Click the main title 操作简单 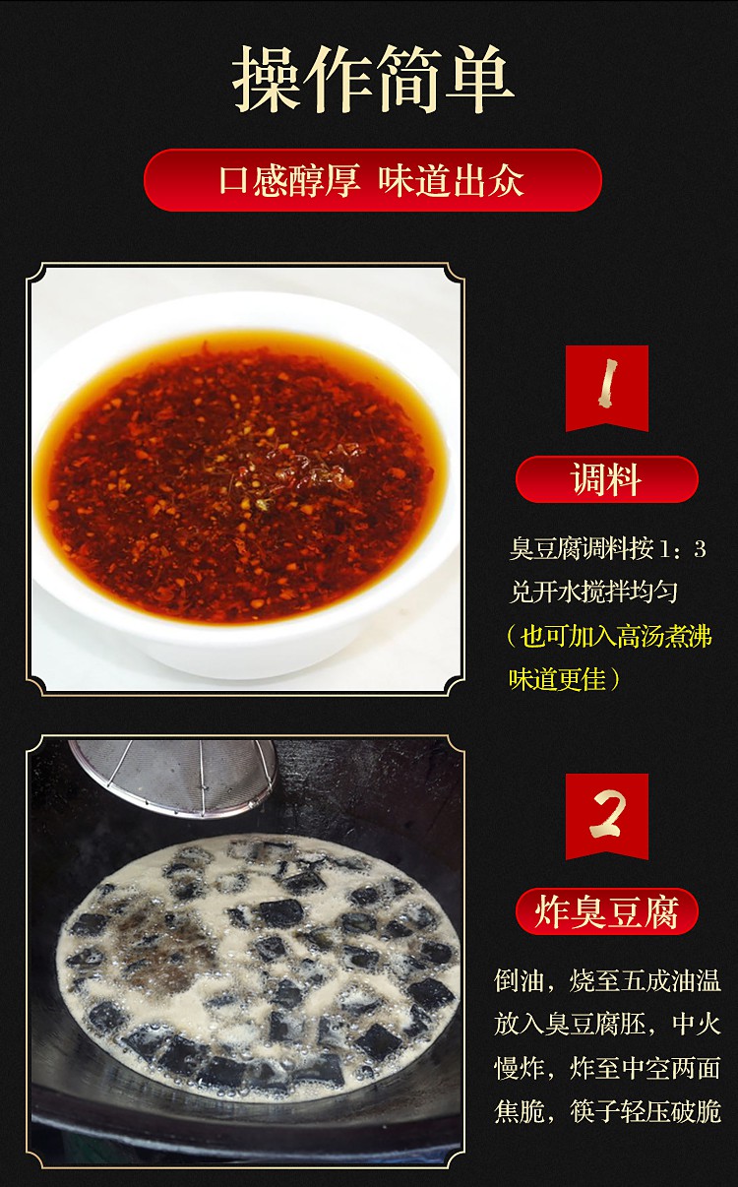(373, 80)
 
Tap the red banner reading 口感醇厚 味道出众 (372, 181)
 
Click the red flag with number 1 (606, 387)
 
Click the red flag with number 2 (606, 815)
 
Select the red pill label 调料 (606, 480)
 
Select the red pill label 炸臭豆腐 (606, 912)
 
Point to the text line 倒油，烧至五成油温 (607, 980)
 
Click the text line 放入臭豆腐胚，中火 (607, 1024)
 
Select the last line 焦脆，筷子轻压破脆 (607, 1111)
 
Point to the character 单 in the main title (481, 80)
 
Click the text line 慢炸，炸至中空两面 (607, 1068)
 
